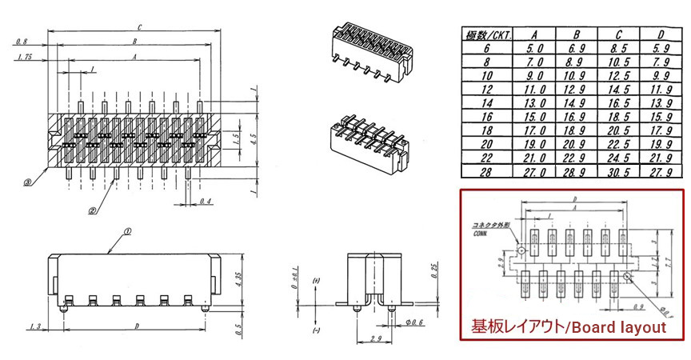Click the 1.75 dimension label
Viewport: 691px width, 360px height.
(x=23, y=58)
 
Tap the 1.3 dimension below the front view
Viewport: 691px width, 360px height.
(x=34, y=326)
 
